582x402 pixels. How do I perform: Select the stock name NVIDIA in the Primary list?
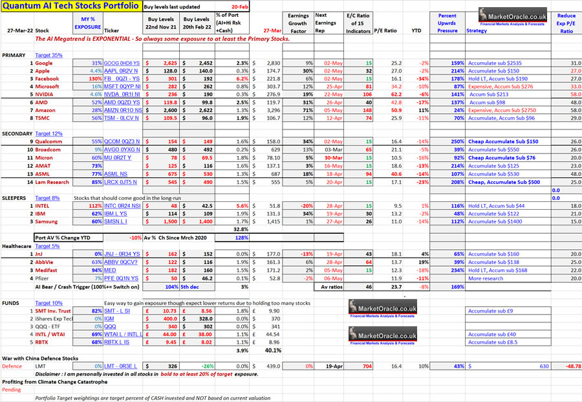point(45,94)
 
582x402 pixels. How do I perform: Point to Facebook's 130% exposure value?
point(94,78)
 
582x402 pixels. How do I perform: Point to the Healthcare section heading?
point(17,247)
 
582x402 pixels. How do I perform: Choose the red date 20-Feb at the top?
point(240,6)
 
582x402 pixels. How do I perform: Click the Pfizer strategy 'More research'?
point(486,278)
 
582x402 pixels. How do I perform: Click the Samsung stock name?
point(48,221)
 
